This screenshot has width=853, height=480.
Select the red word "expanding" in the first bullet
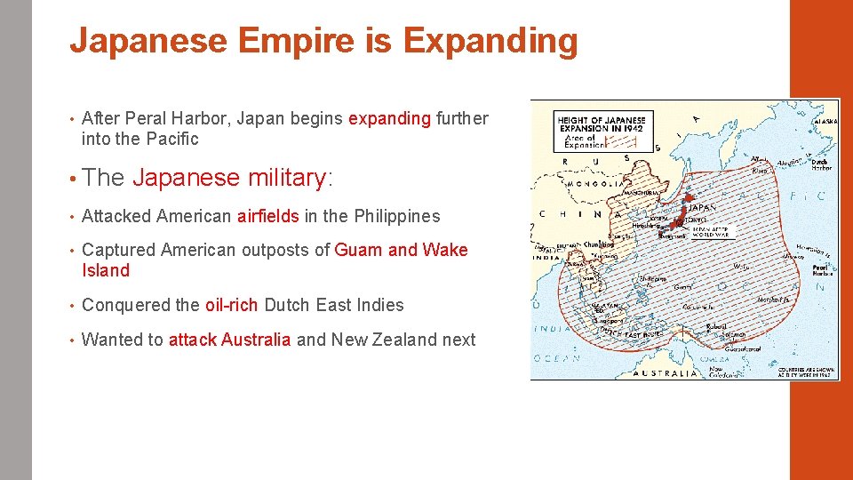pos(389,118)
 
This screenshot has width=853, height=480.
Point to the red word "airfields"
pos(267,216)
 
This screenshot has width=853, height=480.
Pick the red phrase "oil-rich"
pos(232,305)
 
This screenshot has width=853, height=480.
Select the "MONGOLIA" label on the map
pos(578,185)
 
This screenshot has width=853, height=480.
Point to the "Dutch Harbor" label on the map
pos(819,163)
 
